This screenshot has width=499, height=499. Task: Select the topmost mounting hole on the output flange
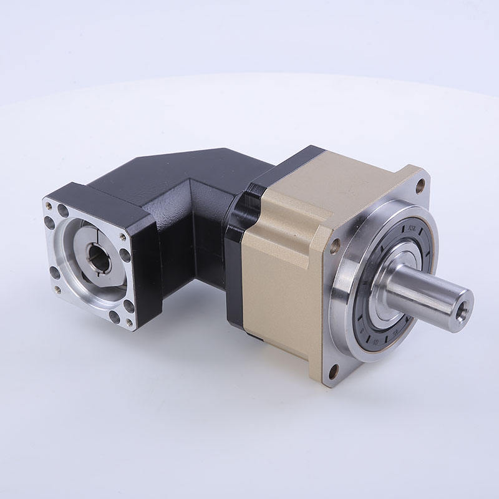tap(420, 184)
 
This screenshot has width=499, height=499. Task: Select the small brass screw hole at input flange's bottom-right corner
tap(129, 322)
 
